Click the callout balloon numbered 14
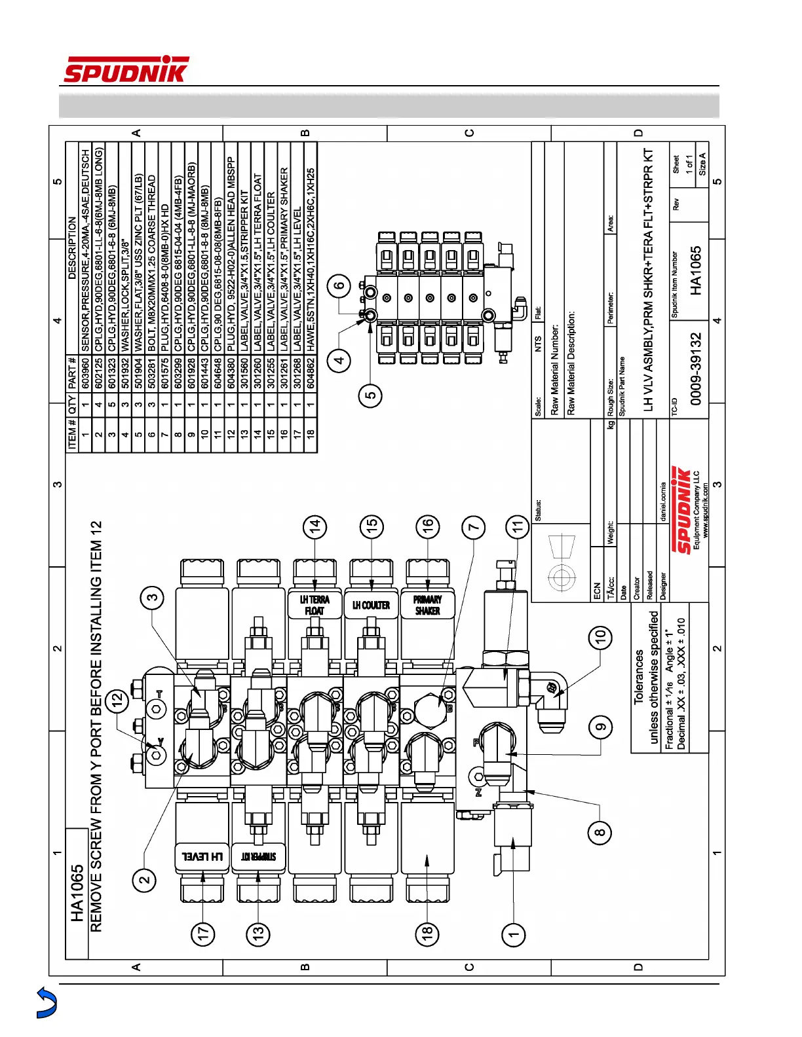[315, 526]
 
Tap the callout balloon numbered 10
[600, 636]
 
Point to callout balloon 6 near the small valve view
[339, 285]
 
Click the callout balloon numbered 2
[145, 880]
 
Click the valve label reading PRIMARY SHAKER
[427, 605]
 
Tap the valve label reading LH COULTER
[371, 606]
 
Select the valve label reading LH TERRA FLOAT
[315, 605]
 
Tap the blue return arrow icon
[47, 1002]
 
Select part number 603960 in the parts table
[85, 371]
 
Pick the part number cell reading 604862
[311, 371]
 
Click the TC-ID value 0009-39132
[696, 369]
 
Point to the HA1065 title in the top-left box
[77, 894]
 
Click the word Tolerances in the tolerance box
[639, 676]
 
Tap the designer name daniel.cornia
[663, 501]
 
